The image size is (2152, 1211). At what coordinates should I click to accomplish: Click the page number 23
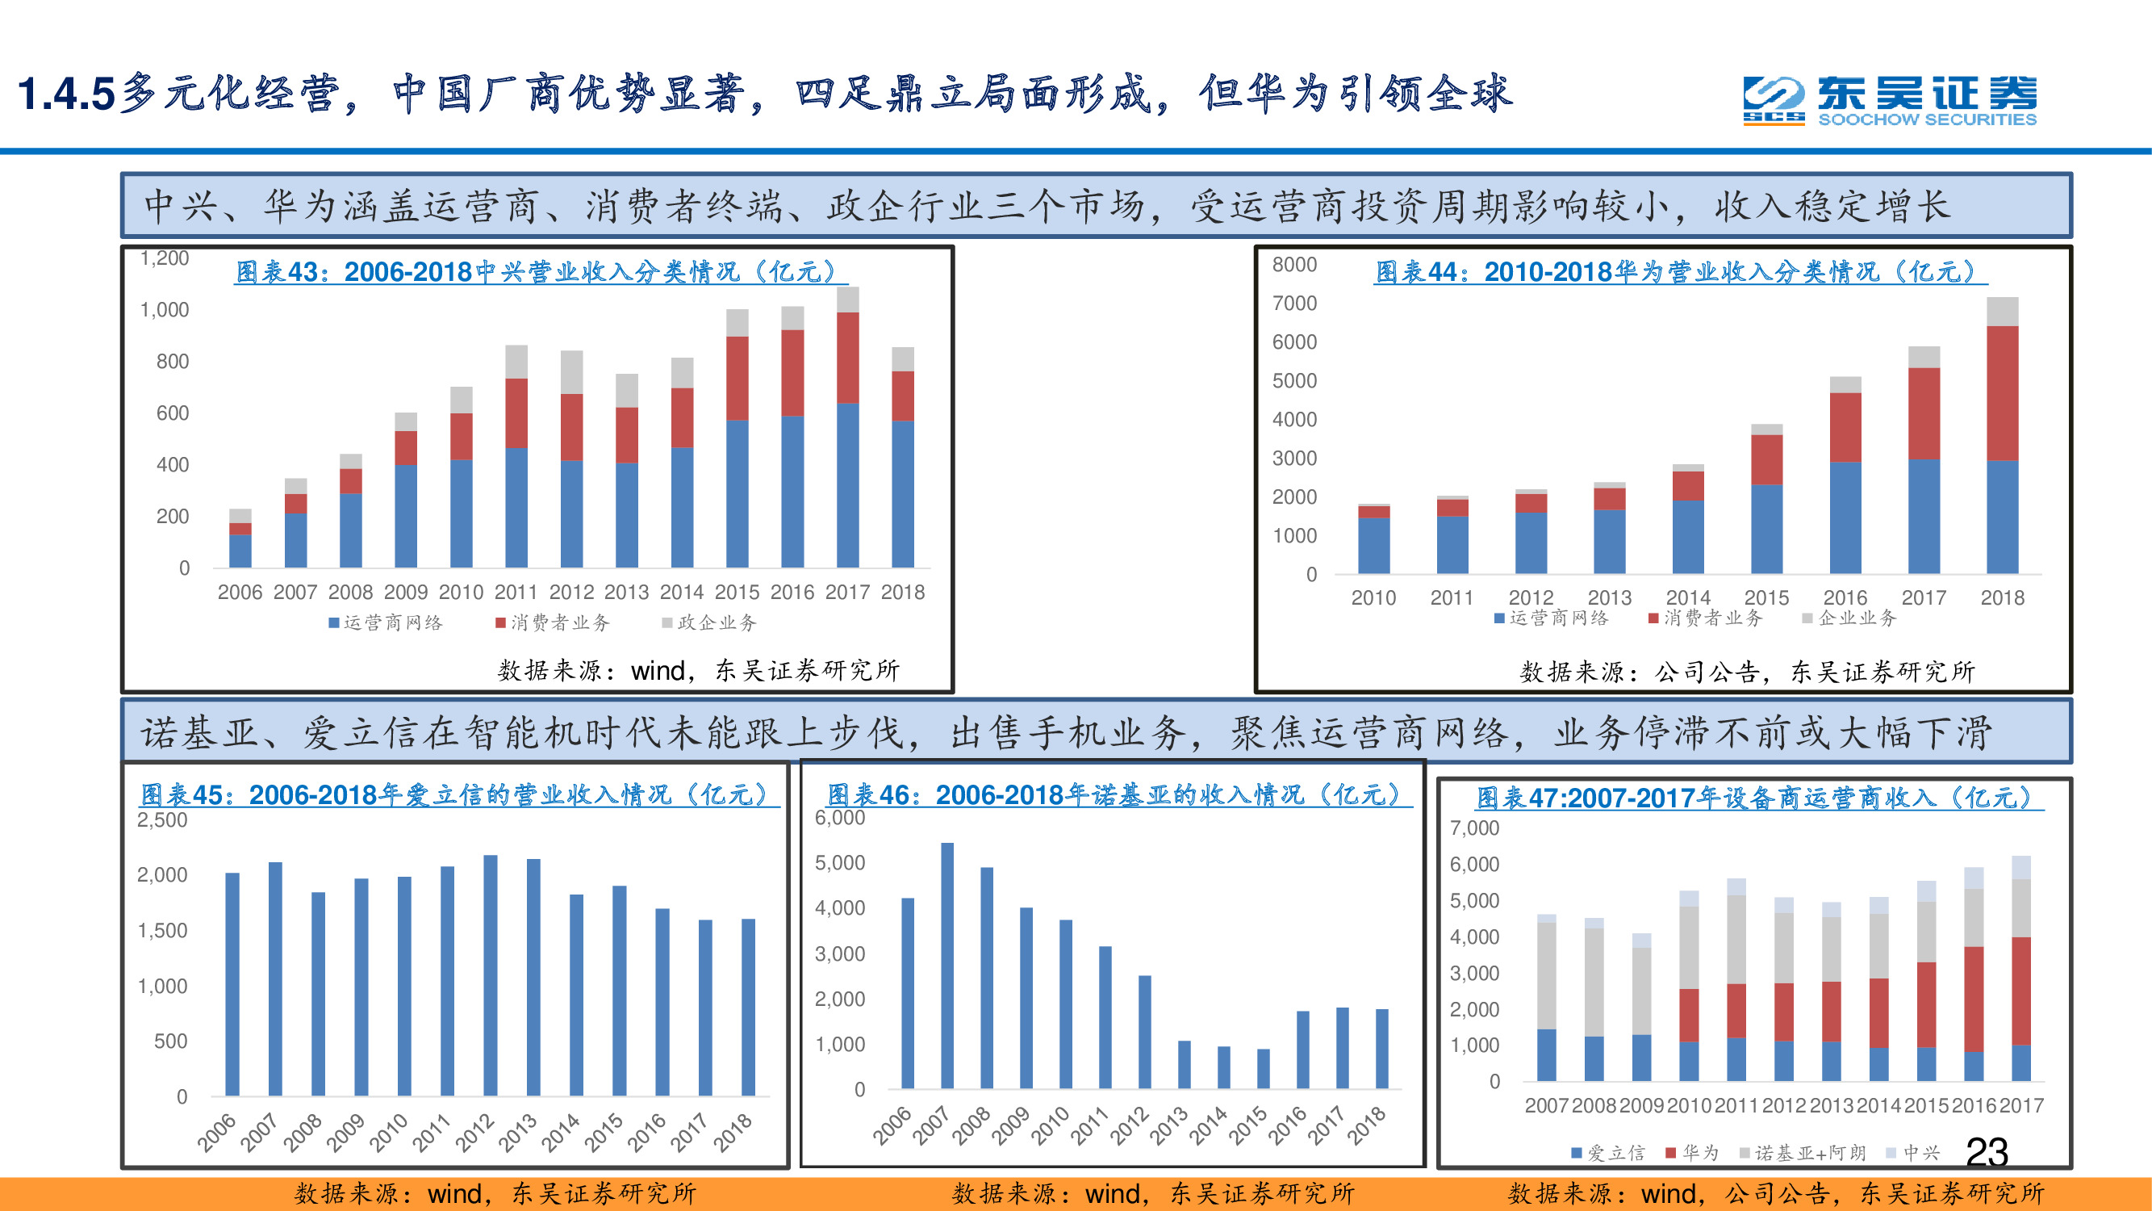click(1987, 1153)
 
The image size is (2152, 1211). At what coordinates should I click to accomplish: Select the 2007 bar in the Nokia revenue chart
click(947, 966)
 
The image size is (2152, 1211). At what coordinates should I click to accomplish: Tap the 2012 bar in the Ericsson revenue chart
click(491, 974)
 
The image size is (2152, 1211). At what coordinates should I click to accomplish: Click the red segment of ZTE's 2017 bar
click(848, 358)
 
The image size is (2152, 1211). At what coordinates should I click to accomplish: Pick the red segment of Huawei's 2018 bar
click(2002, 393)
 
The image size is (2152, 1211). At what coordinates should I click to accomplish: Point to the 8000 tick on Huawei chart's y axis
click(1294, 265)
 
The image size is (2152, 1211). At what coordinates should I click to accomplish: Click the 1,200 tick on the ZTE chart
click(165, 258)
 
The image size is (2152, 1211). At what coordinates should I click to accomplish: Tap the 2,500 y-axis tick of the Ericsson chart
click(162, 820)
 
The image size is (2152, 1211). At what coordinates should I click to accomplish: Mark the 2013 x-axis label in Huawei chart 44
click(1609, 597)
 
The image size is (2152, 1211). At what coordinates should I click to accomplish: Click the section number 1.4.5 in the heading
click(65, 94)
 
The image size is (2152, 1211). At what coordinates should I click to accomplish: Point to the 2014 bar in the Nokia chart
click(1224, 1067)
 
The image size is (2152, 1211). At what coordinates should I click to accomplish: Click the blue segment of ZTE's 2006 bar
click(240, 551)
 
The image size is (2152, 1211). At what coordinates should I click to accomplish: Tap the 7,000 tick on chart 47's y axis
click(1474, 828)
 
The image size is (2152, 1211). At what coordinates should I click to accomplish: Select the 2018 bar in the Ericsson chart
click(749, 1007)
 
